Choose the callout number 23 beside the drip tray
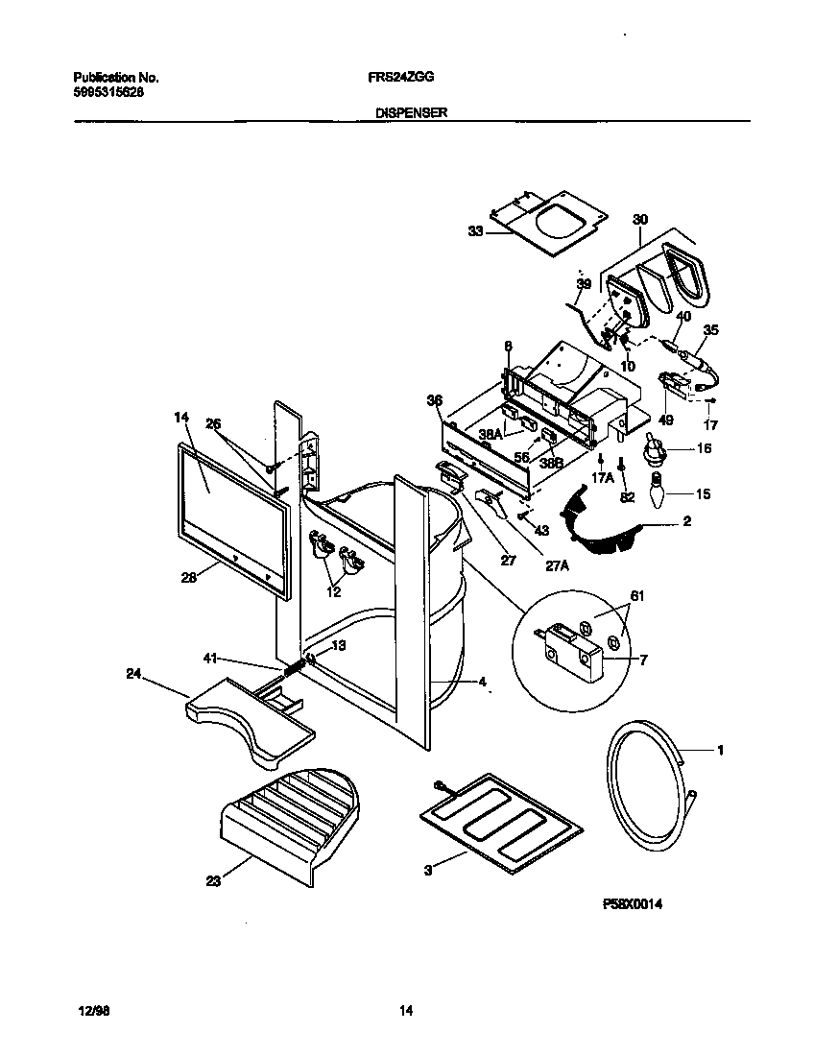click(213, 881)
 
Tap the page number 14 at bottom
click(406, 1010)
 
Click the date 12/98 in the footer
click(88, 1010)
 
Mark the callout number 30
click(640, 220)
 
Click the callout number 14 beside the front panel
click(182, 418)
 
